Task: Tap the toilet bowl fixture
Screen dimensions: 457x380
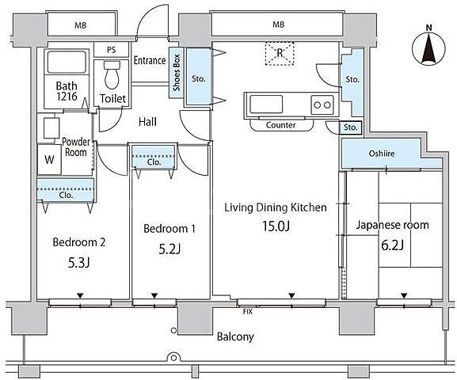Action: click(x=112, y=74)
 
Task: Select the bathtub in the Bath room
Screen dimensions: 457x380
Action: click(x=67, y=62)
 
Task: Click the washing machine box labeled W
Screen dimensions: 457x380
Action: click(x=49, y=159)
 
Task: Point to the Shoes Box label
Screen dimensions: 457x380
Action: click(x=177, y=73)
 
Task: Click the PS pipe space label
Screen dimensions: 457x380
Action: click(x=111, y=50)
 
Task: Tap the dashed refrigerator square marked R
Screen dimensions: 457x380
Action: click(x=280, y=53)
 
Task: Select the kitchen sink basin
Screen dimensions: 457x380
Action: click(x=266, y=104)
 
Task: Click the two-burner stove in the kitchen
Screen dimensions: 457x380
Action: click(x=322, y=104)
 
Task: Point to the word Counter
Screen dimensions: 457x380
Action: click(x=280, y=125)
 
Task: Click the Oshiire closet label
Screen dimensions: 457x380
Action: click(x=382, y=154)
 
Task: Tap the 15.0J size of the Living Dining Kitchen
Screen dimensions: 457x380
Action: click(x=276, y=226)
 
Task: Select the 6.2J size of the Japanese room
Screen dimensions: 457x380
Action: click(x=392, y=245)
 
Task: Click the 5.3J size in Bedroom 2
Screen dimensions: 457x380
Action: click(x=78, y=263)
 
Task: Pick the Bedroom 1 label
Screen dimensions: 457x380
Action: click(x=169, y=229)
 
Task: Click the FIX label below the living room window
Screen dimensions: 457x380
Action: click(x=247, y=312)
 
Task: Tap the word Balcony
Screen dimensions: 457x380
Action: click(x=235, y=337)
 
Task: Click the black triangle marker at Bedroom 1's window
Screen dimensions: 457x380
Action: click(x=154, y=295)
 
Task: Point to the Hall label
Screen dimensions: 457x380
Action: click(x=147, y=121)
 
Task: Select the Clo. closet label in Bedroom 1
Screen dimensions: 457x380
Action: click(x=154, y=162)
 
